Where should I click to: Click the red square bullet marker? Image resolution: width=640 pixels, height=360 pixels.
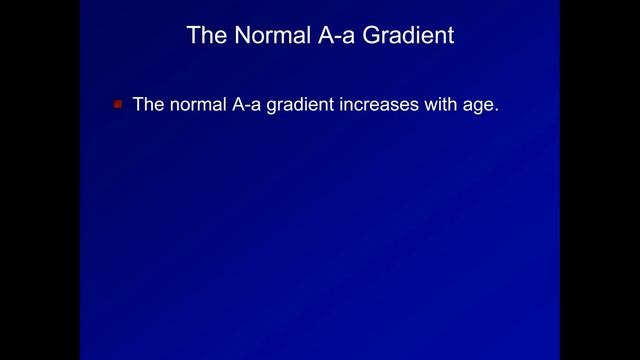tap(117, 103)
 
